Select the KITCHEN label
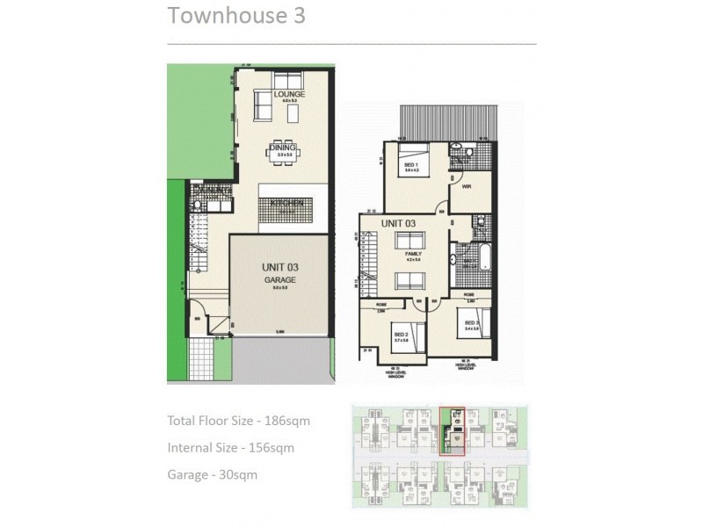[x=286, y=203]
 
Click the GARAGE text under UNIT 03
[x=281, y=278]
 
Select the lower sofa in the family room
[x=411, y=281]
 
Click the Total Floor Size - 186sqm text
[x=238, y=421]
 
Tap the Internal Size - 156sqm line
[x=230, y=448]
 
